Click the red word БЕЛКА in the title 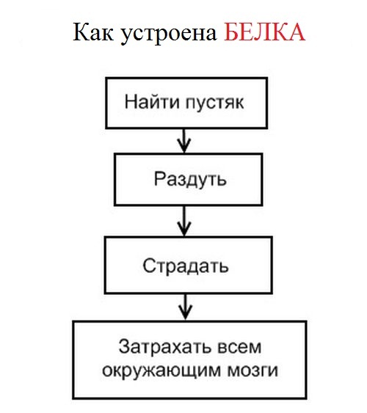264,32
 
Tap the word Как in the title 93,32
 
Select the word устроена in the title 169,34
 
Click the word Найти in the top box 152,101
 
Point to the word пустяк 214,103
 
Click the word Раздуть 190,180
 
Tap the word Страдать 186,266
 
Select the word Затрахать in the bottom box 165,347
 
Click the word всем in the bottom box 239,348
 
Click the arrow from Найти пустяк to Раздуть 184,141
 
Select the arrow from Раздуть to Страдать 184,221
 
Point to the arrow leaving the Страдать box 186,307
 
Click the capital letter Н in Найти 130,102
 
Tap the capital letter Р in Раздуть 159,178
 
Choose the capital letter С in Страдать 148,266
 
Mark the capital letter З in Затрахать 124,347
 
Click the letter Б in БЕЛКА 231,32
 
